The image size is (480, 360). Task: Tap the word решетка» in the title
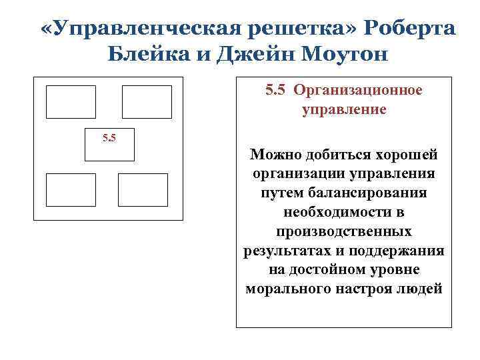(294, 29)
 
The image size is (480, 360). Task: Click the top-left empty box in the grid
(71, 102)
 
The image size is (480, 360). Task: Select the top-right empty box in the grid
(147, 102)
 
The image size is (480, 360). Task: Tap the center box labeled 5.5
(109, 144)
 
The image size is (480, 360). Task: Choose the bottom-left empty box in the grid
(71, 189)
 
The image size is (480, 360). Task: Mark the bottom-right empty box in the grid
(143, 189)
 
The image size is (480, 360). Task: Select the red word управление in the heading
(343, 109)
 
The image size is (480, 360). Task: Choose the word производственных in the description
(343, 232)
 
